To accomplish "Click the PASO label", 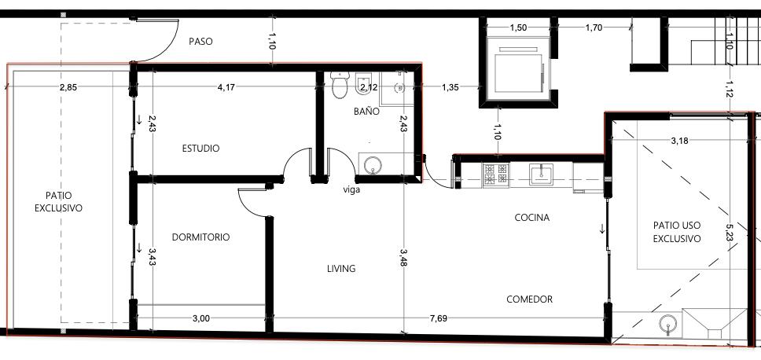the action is point(200,42).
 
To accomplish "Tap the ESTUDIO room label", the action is point(200,149).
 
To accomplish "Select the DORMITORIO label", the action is point(201,237).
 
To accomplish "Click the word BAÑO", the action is point(366,111).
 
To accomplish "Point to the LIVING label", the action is point(341,268).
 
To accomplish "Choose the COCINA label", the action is point(532,218).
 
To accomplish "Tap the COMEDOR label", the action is point(530,299).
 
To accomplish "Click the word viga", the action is point(351,190).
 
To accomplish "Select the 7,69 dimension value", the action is point(438,319).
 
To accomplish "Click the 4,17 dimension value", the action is point(226,88).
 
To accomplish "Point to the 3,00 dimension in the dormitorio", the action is point(201,319).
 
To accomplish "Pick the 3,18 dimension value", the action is point(679,141).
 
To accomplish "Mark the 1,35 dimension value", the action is point(450,88).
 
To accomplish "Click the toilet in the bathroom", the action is point(340,85).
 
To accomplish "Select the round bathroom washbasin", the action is point(373,165).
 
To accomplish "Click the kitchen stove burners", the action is point(495,175).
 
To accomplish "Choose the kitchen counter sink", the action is point(541,174).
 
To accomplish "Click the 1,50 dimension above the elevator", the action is point(518,28).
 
